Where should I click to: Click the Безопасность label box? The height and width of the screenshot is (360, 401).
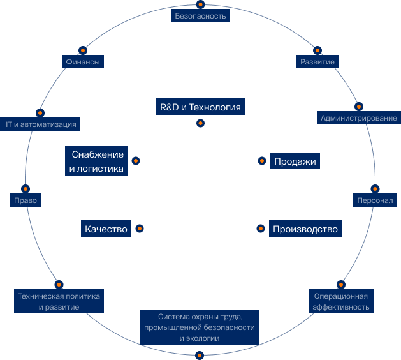click(x=200, y=16)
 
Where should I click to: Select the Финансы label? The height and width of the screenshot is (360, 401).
click(x=83, y=62)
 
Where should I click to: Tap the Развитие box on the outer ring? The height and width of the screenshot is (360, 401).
click(x=317, y=62)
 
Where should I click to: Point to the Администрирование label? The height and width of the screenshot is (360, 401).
click(x=359, y=118)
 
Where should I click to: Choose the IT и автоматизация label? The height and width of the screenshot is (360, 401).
click(x=41, y=124)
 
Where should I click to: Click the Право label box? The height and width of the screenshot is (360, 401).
click(x=26, y=200)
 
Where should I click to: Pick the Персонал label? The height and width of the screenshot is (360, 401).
click(x=375, y=200)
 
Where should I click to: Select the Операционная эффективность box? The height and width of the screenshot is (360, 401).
click(x=341, y=301)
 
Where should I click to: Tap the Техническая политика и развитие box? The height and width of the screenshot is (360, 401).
click(x=59, y=301)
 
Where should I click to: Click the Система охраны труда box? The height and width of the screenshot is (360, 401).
click(x=200, y=327)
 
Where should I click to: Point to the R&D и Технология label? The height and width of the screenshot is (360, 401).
click(x=200, y=107)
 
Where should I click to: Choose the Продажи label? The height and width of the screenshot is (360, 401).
click(x=295, y=161)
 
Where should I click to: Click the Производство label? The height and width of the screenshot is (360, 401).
click(x=305, y=229)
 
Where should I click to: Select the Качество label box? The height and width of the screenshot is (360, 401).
click(x=106, y=229)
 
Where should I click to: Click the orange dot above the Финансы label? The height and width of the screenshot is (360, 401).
click(x=83, y=49)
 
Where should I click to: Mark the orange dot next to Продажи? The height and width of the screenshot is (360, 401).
click(x=261, y=161)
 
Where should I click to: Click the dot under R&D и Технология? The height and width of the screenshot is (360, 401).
click(x=200, y=123)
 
